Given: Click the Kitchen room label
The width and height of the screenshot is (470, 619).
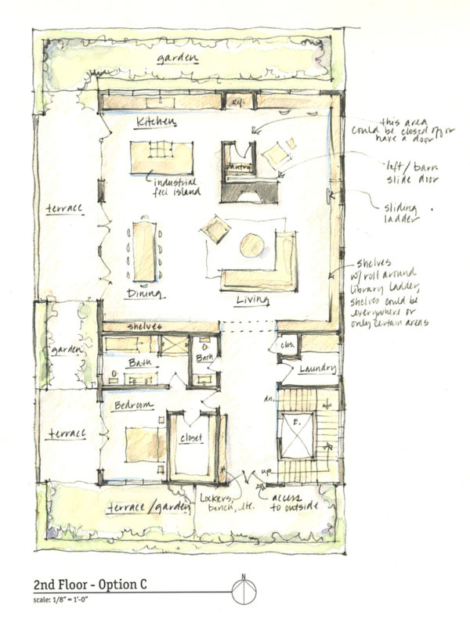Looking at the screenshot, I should click(x=155, y=123).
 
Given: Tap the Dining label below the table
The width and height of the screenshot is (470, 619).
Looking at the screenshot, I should click(x=145, y=294).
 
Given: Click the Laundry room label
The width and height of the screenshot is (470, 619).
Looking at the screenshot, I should click(x=317, y=368).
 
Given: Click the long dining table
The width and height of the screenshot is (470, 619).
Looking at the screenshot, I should click(x=145, y=251).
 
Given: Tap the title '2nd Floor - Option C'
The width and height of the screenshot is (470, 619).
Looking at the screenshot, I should click(x=90, y=585).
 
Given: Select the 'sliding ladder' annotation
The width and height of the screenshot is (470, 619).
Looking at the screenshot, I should click(x=402, y=214).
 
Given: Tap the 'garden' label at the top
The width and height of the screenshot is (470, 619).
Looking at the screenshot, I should click(x=176, y=59).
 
